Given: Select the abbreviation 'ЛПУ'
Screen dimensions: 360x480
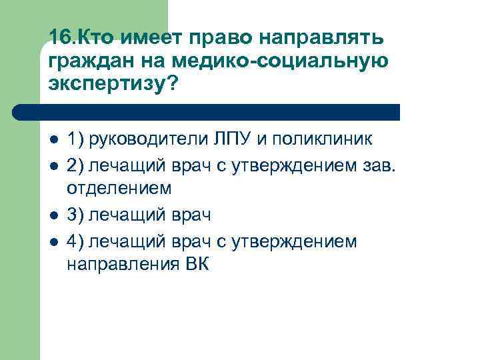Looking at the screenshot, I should coord(230,140).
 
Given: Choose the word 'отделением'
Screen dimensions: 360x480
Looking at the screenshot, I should coord(119,189).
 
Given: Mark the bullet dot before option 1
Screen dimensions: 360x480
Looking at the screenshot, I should coord(54,141).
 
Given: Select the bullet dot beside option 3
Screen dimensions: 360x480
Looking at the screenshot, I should coord(54,215).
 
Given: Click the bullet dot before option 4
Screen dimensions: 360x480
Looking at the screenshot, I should coord(54,240).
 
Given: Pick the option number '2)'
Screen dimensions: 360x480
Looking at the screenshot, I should coord(75,165).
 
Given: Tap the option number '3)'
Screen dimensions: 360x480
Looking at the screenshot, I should coord(75,215).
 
